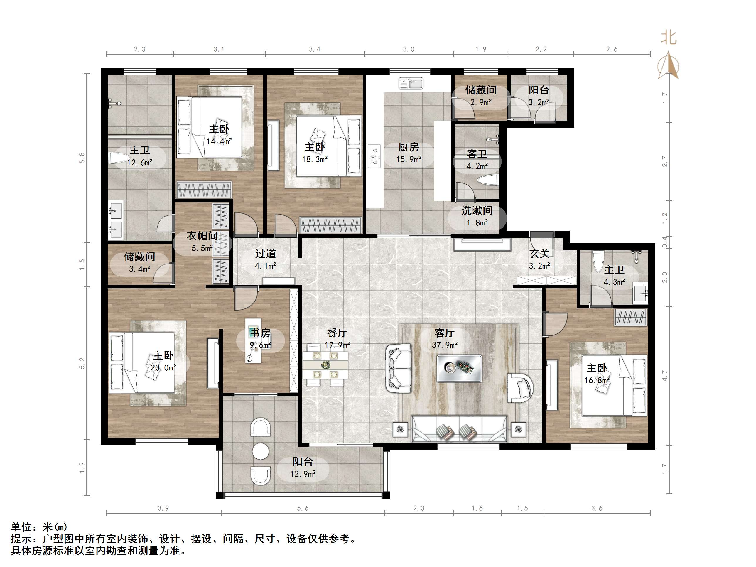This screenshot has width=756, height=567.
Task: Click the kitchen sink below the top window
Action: pos(411,83)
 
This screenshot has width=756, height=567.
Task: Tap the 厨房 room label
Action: pos(409,147)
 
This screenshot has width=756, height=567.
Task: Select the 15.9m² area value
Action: pos(409,159)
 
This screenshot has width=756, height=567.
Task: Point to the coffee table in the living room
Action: pos(459,368)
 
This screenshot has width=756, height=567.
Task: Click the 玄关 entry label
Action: pos(539,254)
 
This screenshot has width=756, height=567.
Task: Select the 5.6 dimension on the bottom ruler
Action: pos(303,508)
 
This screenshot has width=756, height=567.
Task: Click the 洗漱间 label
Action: pos(477,210)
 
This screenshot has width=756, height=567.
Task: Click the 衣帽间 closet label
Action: pos(202,236)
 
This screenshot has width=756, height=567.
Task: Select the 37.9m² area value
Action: pos(445,345)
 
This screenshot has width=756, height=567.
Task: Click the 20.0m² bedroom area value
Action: pos(163,368)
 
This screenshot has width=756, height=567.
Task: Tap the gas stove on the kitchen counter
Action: pos(374,156)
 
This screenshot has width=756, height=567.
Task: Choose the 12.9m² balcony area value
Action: pos(303,474)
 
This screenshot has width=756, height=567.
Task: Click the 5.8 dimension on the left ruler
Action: pos(82,158)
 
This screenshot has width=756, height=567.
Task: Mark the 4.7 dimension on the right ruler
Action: pos(665,376)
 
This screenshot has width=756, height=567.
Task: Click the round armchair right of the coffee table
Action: pos(520,388)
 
